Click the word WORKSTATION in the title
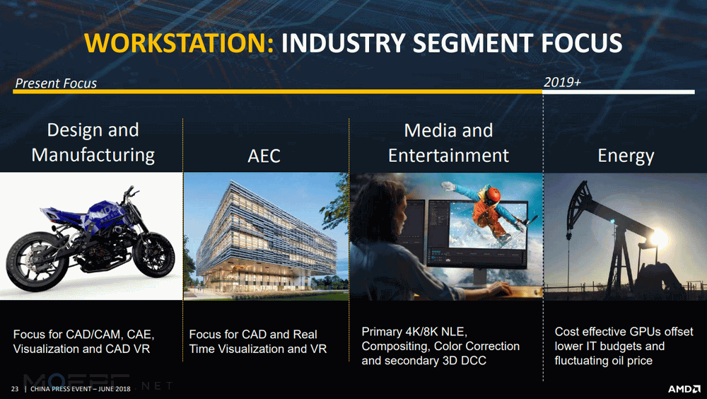[179, 43]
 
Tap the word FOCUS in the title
[582, 43]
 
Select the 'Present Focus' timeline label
[56, 83]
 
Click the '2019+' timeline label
[562, 82]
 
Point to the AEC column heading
[264, 156]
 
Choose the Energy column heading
[626, 156]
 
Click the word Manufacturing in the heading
[93, 155]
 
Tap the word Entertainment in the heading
[449, 155]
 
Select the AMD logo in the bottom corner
[684, 388]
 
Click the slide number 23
[15, 388]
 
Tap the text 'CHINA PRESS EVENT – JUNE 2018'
[81, 388]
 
